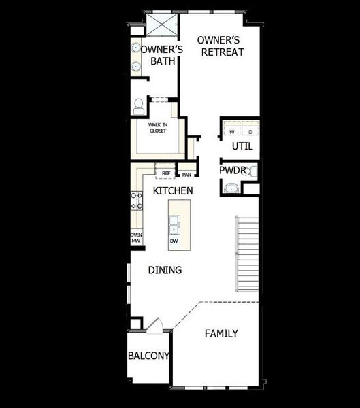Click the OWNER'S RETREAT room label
point(220,46)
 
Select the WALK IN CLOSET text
point(158,127)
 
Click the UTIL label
point(242,146)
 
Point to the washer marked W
point(231,131)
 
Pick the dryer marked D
point(250,131)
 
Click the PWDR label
point(233,171)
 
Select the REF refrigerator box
point(165,173)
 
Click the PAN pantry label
point(186,174)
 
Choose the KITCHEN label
point(172,191)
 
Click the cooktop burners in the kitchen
point(136,201)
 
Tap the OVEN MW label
point(136,237)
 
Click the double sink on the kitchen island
point(174,220)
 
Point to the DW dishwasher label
point(174,241)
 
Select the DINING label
point(165,270)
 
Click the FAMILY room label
point(221,333)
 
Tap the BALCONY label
point(149,356)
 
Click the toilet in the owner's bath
point(140,106)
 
